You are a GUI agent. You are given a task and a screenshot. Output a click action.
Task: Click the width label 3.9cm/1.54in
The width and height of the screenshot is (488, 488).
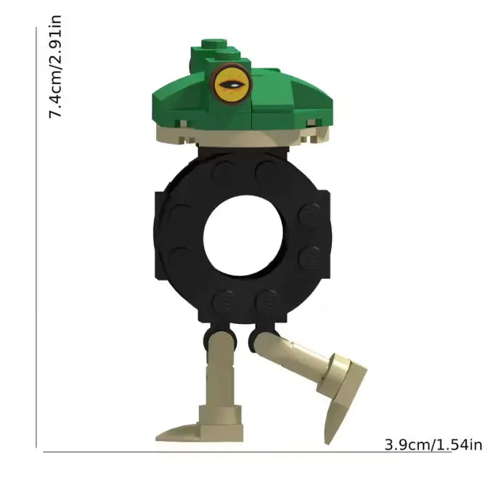coord(433,444)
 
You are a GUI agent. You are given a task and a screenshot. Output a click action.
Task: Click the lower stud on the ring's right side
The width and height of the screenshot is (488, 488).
coord(309,256)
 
